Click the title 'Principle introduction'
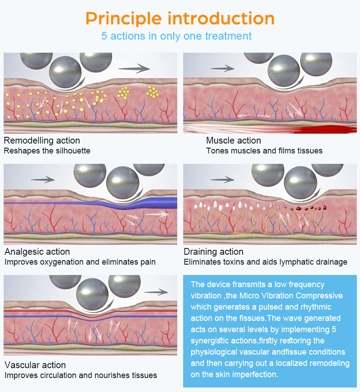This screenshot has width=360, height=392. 180,18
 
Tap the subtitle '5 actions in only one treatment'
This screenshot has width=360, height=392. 176,36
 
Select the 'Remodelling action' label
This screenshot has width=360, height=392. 42,140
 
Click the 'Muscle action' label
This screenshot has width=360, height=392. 234,140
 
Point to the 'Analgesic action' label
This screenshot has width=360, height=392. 37,252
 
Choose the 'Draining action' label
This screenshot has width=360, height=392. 213,252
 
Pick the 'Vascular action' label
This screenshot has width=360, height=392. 35,365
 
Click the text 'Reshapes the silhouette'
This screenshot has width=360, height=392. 47,151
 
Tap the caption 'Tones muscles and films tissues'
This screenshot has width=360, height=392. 264,151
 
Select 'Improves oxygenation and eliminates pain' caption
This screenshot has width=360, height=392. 80,262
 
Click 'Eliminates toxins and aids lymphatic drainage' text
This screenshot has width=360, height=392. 265,262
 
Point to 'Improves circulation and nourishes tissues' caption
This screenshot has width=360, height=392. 81,375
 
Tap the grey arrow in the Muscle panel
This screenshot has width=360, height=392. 222,68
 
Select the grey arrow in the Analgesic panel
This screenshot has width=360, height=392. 43,179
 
